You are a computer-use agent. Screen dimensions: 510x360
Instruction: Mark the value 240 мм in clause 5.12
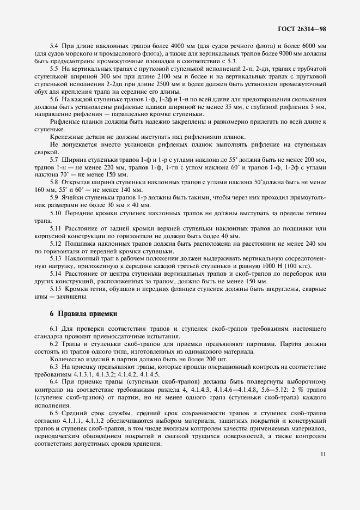pos(313,242)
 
